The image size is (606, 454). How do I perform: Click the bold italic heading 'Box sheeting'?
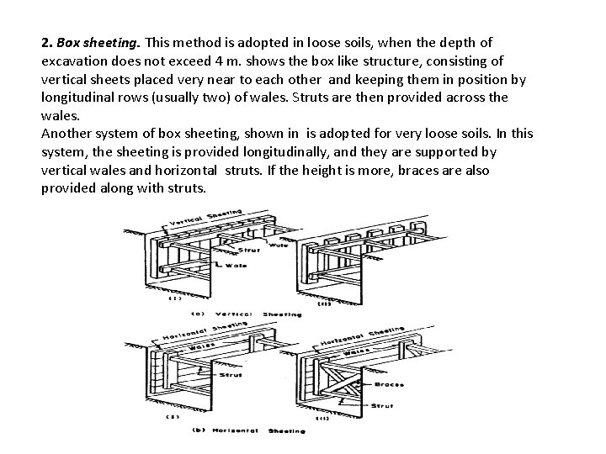click(x=91, y=41)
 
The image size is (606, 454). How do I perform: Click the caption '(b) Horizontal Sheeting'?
click(x=245, y=430)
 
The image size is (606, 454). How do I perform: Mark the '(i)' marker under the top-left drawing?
click(x=175, y=297)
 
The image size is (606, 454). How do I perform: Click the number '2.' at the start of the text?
click(x=47, y=41)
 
